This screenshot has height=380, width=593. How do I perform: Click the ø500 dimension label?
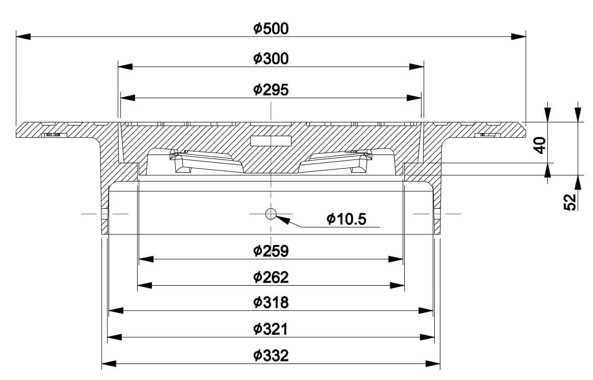click(271, 29)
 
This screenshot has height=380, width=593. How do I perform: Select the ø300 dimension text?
click(271, 59)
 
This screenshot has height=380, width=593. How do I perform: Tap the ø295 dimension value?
click(271, 90)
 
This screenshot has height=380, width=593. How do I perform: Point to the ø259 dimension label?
click(271, 250)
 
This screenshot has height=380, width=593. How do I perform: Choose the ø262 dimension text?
click(271, 277)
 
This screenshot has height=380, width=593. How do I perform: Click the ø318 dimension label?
click(271, 302)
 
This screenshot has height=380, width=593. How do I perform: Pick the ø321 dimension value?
click(271, 329)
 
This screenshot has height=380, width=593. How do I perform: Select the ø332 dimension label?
click(271, 355)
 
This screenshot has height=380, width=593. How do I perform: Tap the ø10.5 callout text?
click(346, 219)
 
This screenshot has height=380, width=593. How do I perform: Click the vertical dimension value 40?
click(539, 146)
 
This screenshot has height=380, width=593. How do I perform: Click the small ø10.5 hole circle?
click(271, 214)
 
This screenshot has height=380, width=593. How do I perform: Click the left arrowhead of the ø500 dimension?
click(23, 36)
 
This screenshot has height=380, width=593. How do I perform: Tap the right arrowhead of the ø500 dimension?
click(519, 36)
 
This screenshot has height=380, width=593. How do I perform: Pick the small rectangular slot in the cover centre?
click(271, 141)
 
